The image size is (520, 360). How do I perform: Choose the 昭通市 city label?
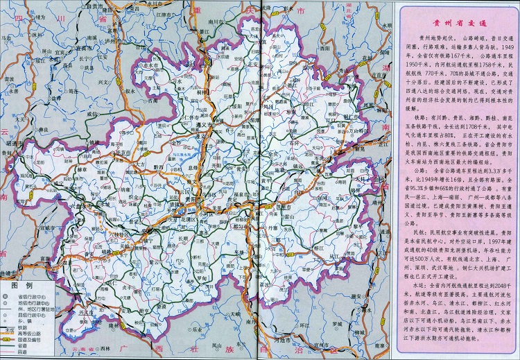(12, 141)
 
